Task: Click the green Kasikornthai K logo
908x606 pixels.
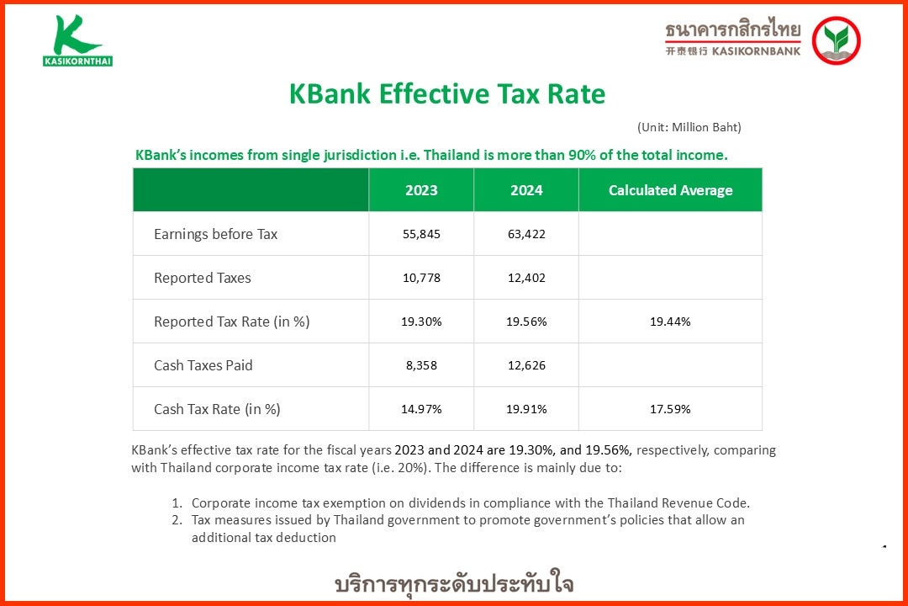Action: point(77,40)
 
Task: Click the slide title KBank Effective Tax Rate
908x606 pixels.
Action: point(446,93)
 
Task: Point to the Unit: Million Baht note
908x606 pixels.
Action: point(689,127)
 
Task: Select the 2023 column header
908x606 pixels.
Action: point(421,190)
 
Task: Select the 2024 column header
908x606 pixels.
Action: point(526,190)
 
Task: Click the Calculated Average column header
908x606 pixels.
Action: point(670,190)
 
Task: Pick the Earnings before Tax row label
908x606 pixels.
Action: point(215,234)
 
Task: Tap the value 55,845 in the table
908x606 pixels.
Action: point(421,234)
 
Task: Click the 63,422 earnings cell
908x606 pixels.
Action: point(526,234)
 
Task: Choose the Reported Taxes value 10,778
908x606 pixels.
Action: point(421,278)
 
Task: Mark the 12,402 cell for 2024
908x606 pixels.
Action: point(526,278)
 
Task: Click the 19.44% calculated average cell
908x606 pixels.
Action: point(670,322)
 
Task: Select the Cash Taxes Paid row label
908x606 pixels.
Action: point(203,365)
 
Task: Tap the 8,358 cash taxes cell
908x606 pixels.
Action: point(421,365)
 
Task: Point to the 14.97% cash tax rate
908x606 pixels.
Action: point(421,409)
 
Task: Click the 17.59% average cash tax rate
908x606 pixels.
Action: point(670,409)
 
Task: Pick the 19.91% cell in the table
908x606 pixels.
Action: point(526,409)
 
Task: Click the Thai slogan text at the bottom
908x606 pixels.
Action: point(454,584)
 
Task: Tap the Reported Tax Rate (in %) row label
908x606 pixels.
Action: point(231,322)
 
